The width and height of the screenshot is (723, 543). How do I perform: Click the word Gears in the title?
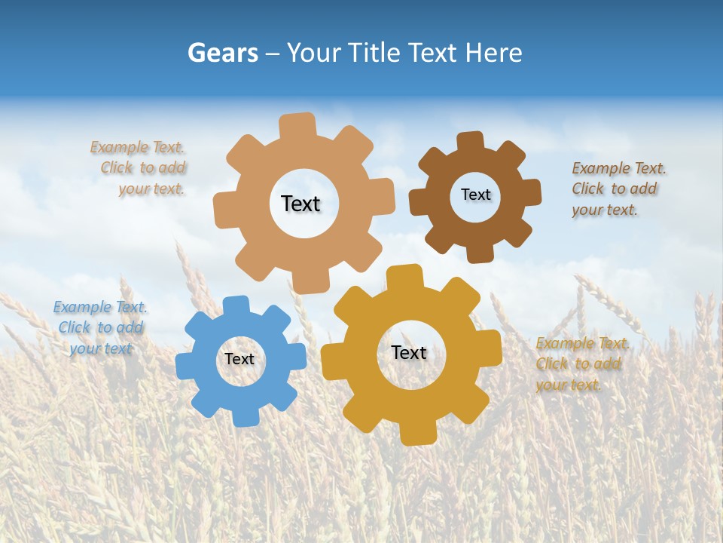point(222,53)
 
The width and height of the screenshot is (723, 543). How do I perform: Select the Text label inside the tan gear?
point(300,204)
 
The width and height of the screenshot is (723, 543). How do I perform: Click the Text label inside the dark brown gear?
point(475,195)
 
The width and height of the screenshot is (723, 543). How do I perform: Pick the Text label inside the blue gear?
point(239,359)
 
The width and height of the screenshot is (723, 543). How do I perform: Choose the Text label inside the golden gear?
point(409,352)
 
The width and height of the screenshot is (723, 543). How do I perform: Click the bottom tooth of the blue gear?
point(245,416)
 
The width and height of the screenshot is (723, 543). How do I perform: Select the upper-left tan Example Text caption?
point(139,168)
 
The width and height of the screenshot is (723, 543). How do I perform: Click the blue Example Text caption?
point(100,327)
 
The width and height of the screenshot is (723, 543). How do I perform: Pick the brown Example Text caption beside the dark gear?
point(618,189)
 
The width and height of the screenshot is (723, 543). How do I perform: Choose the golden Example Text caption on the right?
point(581,364)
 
